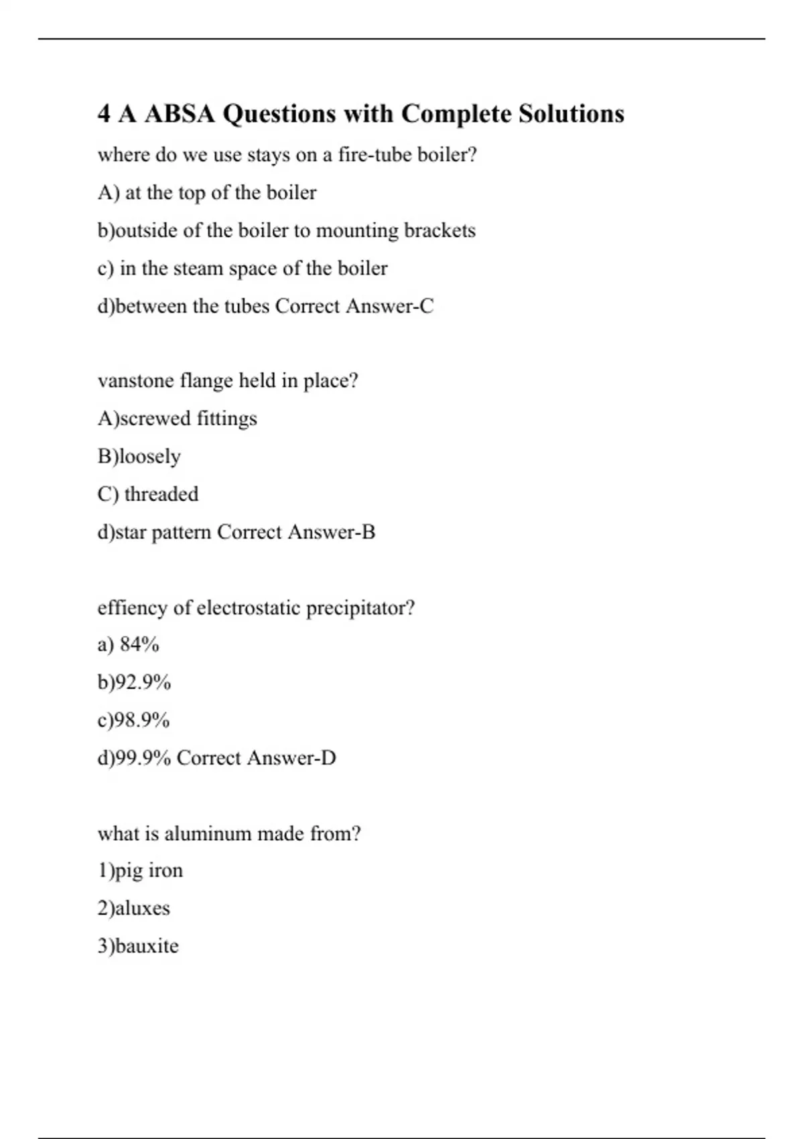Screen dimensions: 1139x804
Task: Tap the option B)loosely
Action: tap(139, 456)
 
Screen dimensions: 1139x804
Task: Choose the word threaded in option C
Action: tap(161, 494)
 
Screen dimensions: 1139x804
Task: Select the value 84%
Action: tap(139, 645)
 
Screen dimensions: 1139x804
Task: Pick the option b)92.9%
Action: tap(135, 682)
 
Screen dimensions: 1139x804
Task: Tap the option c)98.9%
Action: tap(134, 720)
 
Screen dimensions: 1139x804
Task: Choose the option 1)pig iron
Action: tap(140, 870)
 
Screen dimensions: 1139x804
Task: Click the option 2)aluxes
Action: tap(134, 909)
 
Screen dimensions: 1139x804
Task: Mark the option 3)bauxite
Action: tap(138, 946)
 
